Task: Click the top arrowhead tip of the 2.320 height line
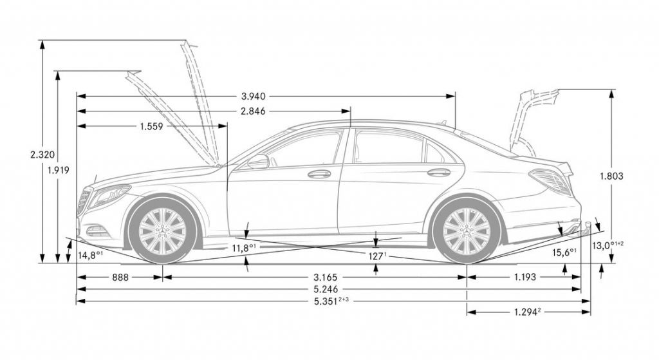[42, 41]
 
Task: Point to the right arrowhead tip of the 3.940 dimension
[455, 97]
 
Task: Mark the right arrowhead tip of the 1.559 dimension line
[227, 126]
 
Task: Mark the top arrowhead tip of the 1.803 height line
[612, 90]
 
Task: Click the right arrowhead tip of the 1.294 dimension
[591, 312]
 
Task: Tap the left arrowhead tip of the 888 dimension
[77, 278]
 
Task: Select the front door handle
[319, 174]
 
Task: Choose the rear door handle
[439, 173]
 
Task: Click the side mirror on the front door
[258, 162]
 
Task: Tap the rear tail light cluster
[551, 181]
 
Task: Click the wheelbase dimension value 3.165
[325, 278]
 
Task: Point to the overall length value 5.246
[325, 289]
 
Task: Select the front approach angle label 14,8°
[90, 254]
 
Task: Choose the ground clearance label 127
[377, 256]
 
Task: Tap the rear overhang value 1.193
[525, 277]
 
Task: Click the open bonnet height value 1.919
[59, 170]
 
